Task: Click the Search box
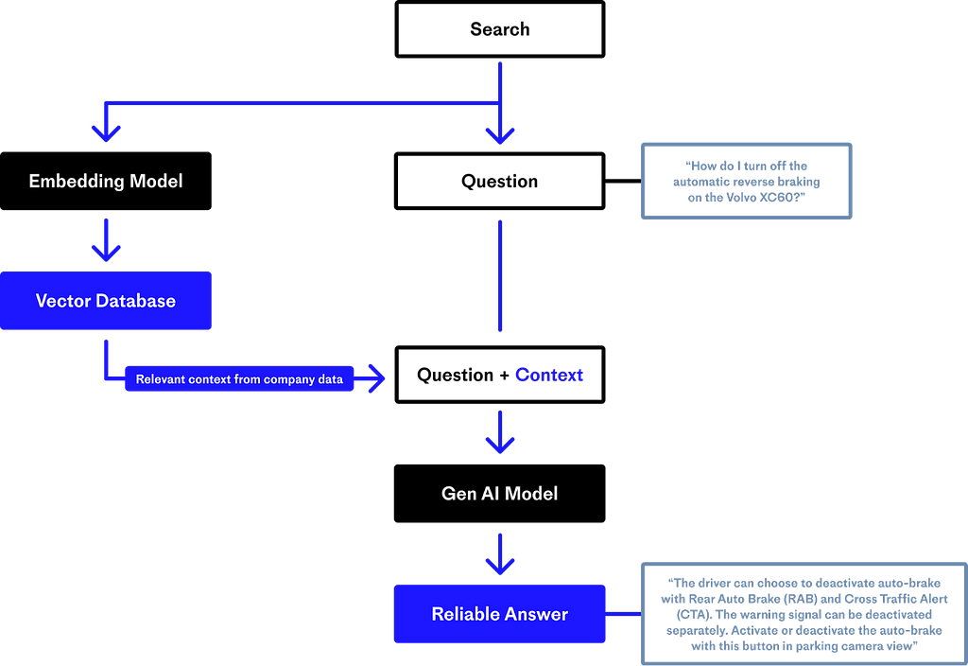pos(499,29)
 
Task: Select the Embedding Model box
pos(106,181)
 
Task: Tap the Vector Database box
pos(106,301)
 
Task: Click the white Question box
pos(499,181)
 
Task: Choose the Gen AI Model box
pos(499,494)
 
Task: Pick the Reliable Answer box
pos(499,614)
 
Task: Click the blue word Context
pos(549,375)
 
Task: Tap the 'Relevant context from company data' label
pos(239,379)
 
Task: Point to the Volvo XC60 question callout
pos(747,181)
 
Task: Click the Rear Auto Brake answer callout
pos(804,614)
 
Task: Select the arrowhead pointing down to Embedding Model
pos(106,132)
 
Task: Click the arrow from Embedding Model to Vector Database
pos(106,239)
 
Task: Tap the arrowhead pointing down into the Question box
pos(500,135)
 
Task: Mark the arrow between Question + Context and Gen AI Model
pos(500,432)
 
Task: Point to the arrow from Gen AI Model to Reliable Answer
pos(500,554)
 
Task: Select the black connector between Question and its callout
pos(623,181)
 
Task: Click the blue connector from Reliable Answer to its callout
pos(623,614)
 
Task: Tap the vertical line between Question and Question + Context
pos(500,276)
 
